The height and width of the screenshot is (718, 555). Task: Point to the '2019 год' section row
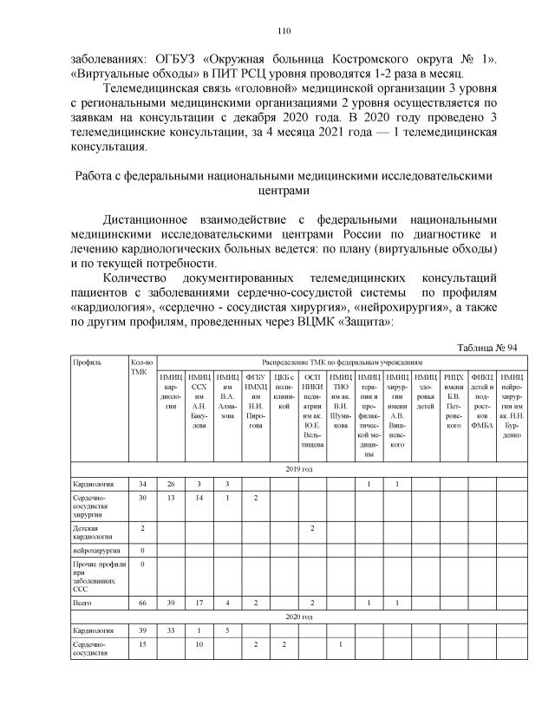(x=298, y=467)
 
